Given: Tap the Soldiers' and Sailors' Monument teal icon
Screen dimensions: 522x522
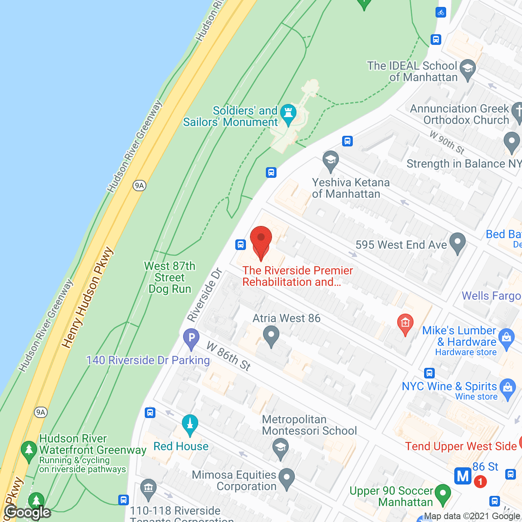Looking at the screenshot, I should (288, 114).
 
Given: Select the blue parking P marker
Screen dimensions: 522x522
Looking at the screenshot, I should (191, 338).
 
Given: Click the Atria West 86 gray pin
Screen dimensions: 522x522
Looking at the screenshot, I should (271, 337).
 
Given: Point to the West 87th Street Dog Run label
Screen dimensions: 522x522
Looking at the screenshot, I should (170, 277).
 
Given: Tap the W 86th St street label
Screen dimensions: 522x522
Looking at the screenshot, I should (229, 356).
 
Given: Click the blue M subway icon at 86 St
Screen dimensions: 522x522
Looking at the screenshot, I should (463, 476).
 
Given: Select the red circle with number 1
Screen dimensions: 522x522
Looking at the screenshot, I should (480, 482).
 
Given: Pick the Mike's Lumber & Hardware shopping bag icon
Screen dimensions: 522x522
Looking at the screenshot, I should (507, 338).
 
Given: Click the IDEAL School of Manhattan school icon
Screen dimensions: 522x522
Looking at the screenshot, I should (467, 69).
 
